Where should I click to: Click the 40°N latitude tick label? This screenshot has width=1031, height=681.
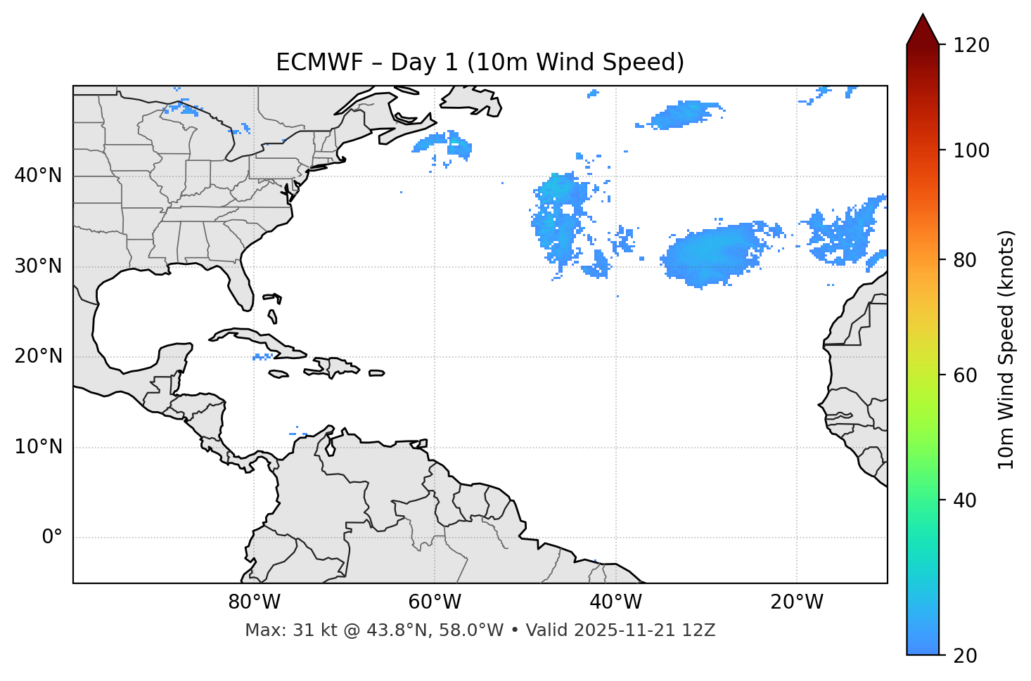pyautogui.click(x=38, y=176)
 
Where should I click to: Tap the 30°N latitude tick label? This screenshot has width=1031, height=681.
pyautogui.click(x=38, y=266)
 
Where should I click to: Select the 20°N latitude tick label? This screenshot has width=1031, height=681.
pyautogui.click(x=38, y=356)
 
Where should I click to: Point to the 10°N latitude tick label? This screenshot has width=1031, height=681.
pyautogui.click(x=38, y=447)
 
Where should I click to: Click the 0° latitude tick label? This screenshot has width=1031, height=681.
pyautogui.click(x=52, y=538)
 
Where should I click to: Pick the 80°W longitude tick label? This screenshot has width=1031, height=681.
pyautogui.click(x=254, y=602)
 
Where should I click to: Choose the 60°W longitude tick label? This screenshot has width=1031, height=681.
pyautogui.click(x=435, y=602)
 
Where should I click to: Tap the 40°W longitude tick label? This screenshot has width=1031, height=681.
pyautogui.click(x=615, y=602)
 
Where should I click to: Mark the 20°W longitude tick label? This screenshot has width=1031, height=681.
pyautogui.click(x=796, y=602)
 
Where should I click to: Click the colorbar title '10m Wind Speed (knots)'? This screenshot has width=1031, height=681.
pyautogui.click(x=1006, y=350)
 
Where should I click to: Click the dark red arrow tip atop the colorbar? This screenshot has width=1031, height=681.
pyautogui.click(x=923, y=27)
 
